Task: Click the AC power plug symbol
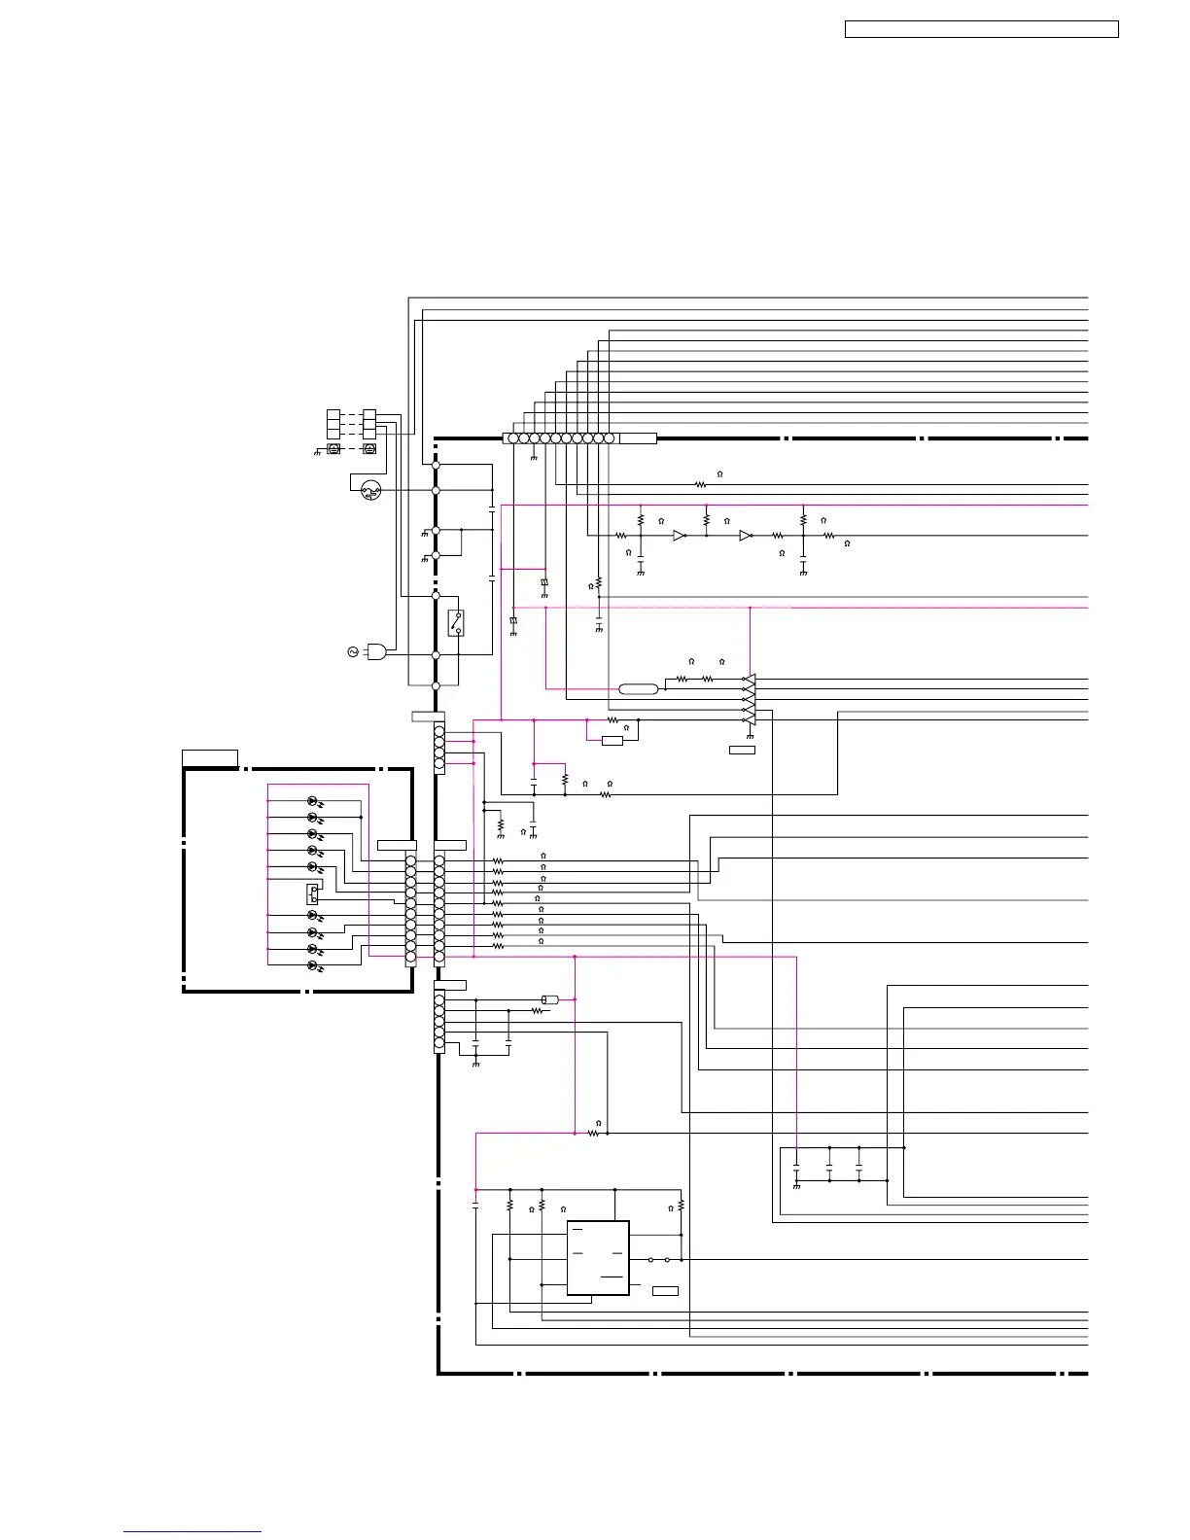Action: tap(376, 651)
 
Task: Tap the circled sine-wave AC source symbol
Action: tap(353, 651)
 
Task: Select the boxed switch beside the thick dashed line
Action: tap(455, 622)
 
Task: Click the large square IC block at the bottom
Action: tap(598, 1258)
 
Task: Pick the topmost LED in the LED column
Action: tap(313, 801)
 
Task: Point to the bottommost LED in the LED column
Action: tap(313, 965)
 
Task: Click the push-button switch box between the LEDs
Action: tap(313, 892)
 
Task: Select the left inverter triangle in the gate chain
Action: tap(680, 535)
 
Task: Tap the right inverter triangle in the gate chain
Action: tap(745, 535)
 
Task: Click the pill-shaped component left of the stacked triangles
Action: tap(639, 689)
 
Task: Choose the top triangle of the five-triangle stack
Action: tap(749, 679)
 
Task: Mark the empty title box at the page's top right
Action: tap(981, 29)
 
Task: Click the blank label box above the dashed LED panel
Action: tap(210, 757)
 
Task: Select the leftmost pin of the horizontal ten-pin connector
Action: tap(513, 438)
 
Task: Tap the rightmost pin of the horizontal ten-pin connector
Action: tap(610, 438)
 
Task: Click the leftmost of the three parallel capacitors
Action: tap(796, 1164)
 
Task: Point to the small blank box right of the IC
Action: tap(665, 1290)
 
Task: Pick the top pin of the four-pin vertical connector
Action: tap(439, 730)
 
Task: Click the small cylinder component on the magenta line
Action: tap(548, 999)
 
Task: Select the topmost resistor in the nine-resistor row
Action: tap(498, 860)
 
